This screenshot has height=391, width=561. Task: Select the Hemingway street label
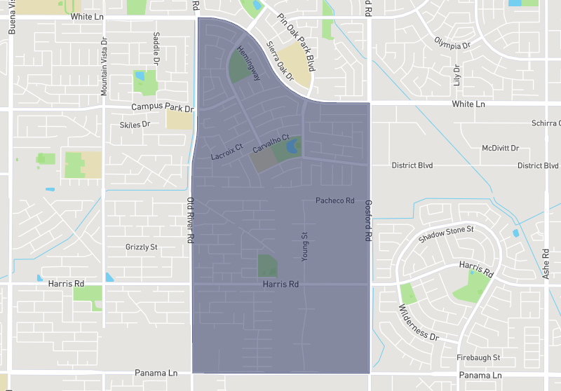click(x=249, y=64)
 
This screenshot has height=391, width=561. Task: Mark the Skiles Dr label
click(x=135, y=124)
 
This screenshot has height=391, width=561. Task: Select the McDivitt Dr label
click(x=500, y=149)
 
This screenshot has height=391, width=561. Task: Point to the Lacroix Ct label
click(x=227, y=152)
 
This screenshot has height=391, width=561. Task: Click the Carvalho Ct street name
click(x=271, y=145)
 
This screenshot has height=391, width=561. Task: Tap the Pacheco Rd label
click(x=335, y=201)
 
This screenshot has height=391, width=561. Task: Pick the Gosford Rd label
click(x=368, y=221)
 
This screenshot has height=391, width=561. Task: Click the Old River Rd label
click(x=190, y=219)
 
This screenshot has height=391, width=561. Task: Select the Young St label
click(x=304, y=247)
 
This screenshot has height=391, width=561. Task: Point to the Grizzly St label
click(x=142, y=247)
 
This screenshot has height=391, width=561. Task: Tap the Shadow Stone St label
click(x=446, y=234)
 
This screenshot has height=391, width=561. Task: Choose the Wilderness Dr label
click(x=419, y=322)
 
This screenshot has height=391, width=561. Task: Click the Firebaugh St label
click(x=478, y=357)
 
